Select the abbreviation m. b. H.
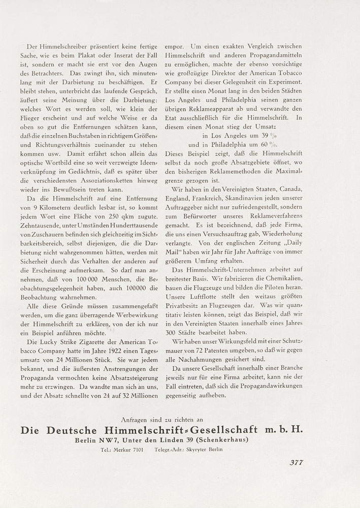pyautogui.click(x=284, y=429)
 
